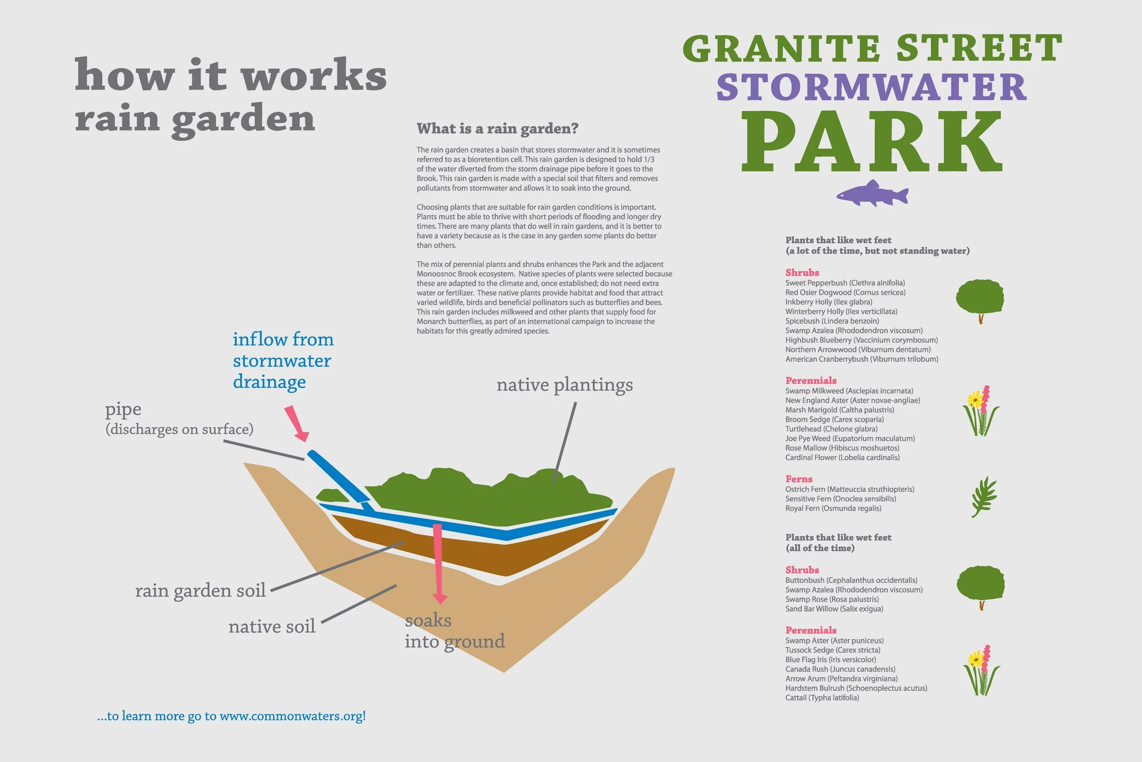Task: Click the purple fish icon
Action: click(x=872, y=193)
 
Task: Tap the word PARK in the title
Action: click(x=872, y=141)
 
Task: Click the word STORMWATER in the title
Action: click(x=872, y=87)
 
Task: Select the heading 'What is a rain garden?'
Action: click(x=497, y=128)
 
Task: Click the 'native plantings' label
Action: click(x=564, y=385)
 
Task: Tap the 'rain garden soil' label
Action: click(x=200, y=591)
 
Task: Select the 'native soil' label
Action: click(x=272, y=626)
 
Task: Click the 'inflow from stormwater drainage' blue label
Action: click(x=283, y=360)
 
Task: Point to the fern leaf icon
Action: click(x=983, y=497)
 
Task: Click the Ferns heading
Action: click(x=799, y=479)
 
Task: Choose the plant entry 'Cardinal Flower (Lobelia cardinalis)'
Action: click(x=842, y=457)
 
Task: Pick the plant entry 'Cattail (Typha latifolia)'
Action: click(x=822, y=698)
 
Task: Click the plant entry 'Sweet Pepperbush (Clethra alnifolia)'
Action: click(x=845, y=283)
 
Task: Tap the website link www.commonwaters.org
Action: click(x=292, y=716)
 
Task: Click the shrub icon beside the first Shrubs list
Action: click(x=980, y=299)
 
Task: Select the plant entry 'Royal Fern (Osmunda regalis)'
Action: click(x=833, y=508)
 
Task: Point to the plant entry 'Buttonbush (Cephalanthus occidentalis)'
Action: click(x=851, y=580)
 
